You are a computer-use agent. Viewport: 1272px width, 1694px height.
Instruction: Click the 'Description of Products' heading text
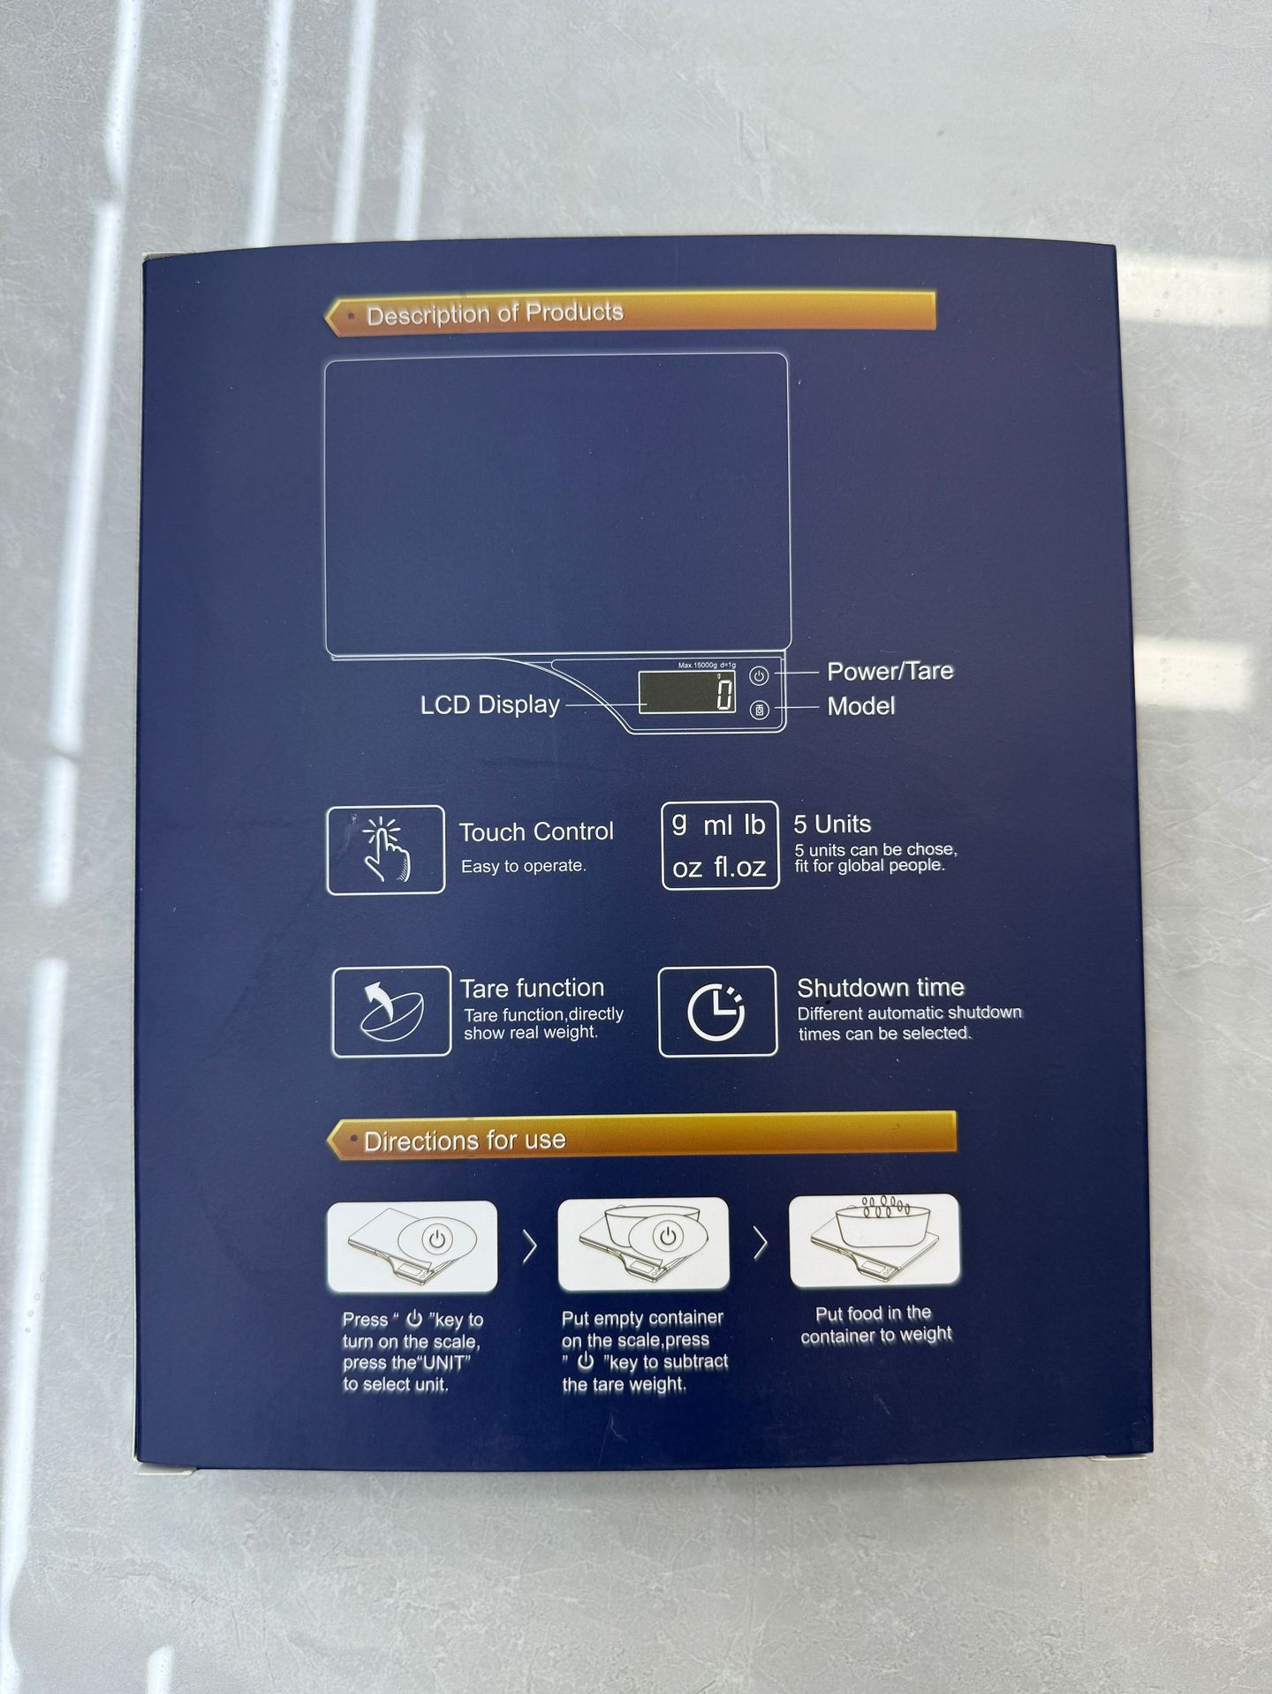click(x=495, y=313)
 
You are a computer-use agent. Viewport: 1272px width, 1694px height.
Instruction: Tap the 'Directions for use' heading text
click(x=465, y=1141)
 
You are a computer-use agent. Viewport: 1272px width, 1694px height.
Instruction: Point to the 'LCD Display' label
click(x=489, y=704)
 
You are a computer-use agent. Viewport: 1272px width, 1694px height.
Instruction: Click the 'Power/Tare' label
click(x=890, y=671)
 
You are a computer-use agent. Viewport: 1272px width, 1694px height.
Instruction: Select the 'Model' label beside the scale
click(x=860, y=706)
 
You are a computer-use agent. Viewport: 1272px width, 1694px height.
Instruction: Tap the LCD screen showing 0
click(x=687, y=691)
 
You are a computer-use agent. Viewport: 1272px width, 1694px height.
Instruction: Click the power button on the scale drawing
click(x=759, y=675)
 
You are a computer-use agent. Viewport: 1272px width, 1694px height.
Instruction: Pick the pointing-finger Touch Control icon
click(x=386, y=849)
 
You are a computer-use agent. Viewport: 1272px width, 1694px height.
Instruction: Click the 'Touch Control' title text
click(x=535, y=832)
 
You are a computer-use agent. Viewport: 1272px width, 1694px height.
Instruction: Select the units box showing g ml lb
click(x=720, y=845)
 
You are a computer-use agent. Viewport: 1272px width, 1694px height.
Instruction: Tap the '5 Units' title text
click(x=832, y=824)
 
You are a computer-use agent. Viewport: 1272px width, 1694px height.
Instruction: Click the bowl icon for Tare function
click(x=391, y=1012)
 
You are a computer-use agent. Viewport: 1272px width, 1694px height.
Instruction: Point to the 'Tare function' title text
click(x=532, y=988)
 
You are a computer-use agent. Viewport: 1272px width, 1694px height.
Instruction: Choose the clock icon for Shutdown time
click(x=717, y=1012)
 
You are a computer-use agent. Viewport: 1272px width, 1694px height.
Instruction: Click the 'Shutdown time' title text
click(x=880, y=987)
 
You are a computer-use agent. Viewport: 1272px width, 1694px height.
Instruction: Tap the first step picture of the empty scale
click(x=412, y=1246)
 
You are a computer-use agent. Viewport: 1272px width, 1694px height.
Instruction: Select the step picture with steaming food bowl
click(x=874, y=1239)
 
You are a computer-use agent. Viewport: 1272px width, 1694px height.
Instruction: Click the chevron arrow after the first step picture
click(x=530, y=1246)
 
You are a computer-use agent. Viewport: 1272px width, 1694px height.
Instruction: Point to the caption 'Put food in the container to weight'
click(x=874, y=1324)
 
